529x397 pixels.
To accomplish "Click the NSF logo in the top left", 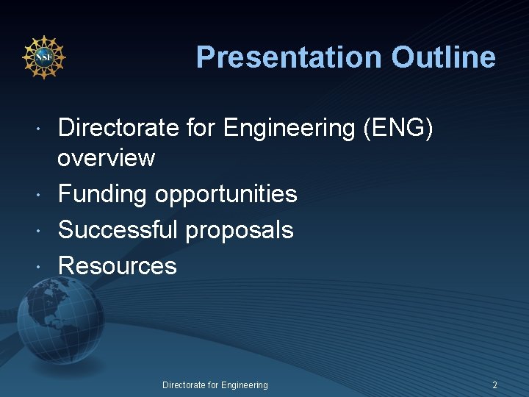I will pyautogui.click(x=44, y=57).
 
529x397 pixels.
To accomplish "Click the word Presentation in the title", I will pyautogui.click(x=289, y=57).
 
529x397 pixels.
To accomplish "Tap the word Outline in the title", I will pyautogui.click(x=444, y=57).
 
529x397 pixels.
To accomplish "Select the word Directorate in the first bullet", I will pyautogui.click(x=118, y=128).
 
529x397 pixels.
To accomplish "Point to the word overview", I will pyautogui.click(x=107, y=157).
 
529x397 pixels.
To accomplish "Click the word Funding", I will pyautogui.click(x=103, y=194).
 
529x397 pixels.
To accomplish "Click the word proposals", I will pyautogui.click(x=239, y=230).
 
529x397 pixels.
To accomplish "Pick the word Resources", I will pyautogui.click(x=118, y=265).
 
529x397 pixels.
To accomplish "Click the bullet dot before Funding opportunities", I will pyautogui.click(x=37, y=195).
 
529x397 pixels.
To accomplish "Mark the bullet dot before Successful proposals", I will pyautogui.click(x=37, y=231).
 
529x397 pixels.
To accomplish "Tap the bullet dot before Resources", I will pyautogui.click(x=37, y=266).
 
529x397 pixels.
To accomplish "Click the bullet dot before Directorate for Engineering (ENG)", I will pyautogui.click(x=37, y=129).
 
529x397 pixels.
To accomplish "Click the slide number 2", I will pyautogui.click(x=494, y=385).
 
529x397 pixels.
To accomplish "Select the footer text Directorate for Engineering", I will pyautogui.click(x=215, y=385).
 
